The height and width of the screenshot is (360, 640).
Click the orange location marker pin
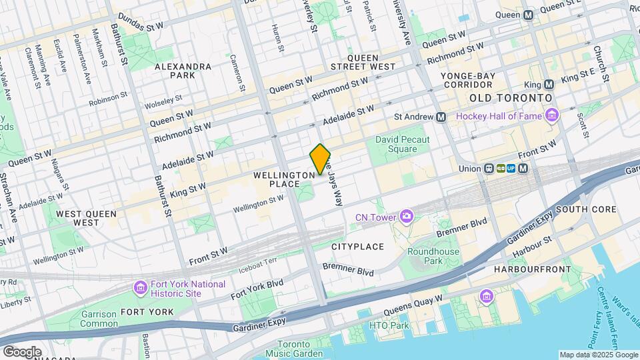(321, 159)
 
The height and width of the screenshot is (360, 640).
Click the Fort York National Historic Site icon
(140, 288)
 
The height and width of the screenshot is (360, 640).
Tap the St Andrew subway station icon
(441, 117)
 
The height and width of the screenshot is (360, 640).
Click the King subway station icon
(549, 85)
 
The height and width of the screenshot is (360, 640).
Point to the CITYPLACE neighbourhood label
(357, 247)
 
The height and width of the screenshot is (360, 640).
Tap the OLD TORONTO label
(511, 98)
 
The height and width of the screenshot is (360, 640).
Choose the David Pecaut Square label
(405, 145)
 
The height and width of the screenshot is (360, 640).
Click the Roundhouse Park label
(433, 257)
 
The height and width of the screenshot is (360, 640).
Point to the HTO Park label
(389, 325)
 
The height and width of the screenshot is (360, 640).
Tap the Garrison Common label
(99, 319)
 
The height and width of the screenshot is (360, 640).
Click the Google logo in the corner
(21, 352)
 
